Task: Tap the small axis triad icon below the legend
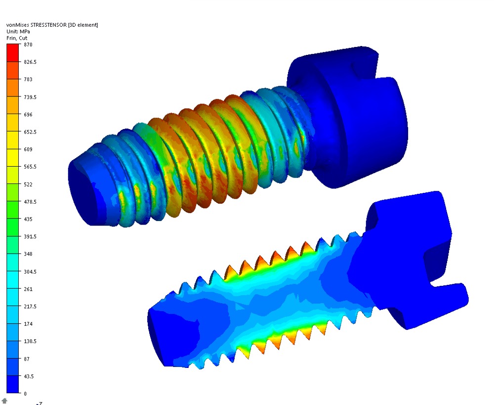4,401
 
